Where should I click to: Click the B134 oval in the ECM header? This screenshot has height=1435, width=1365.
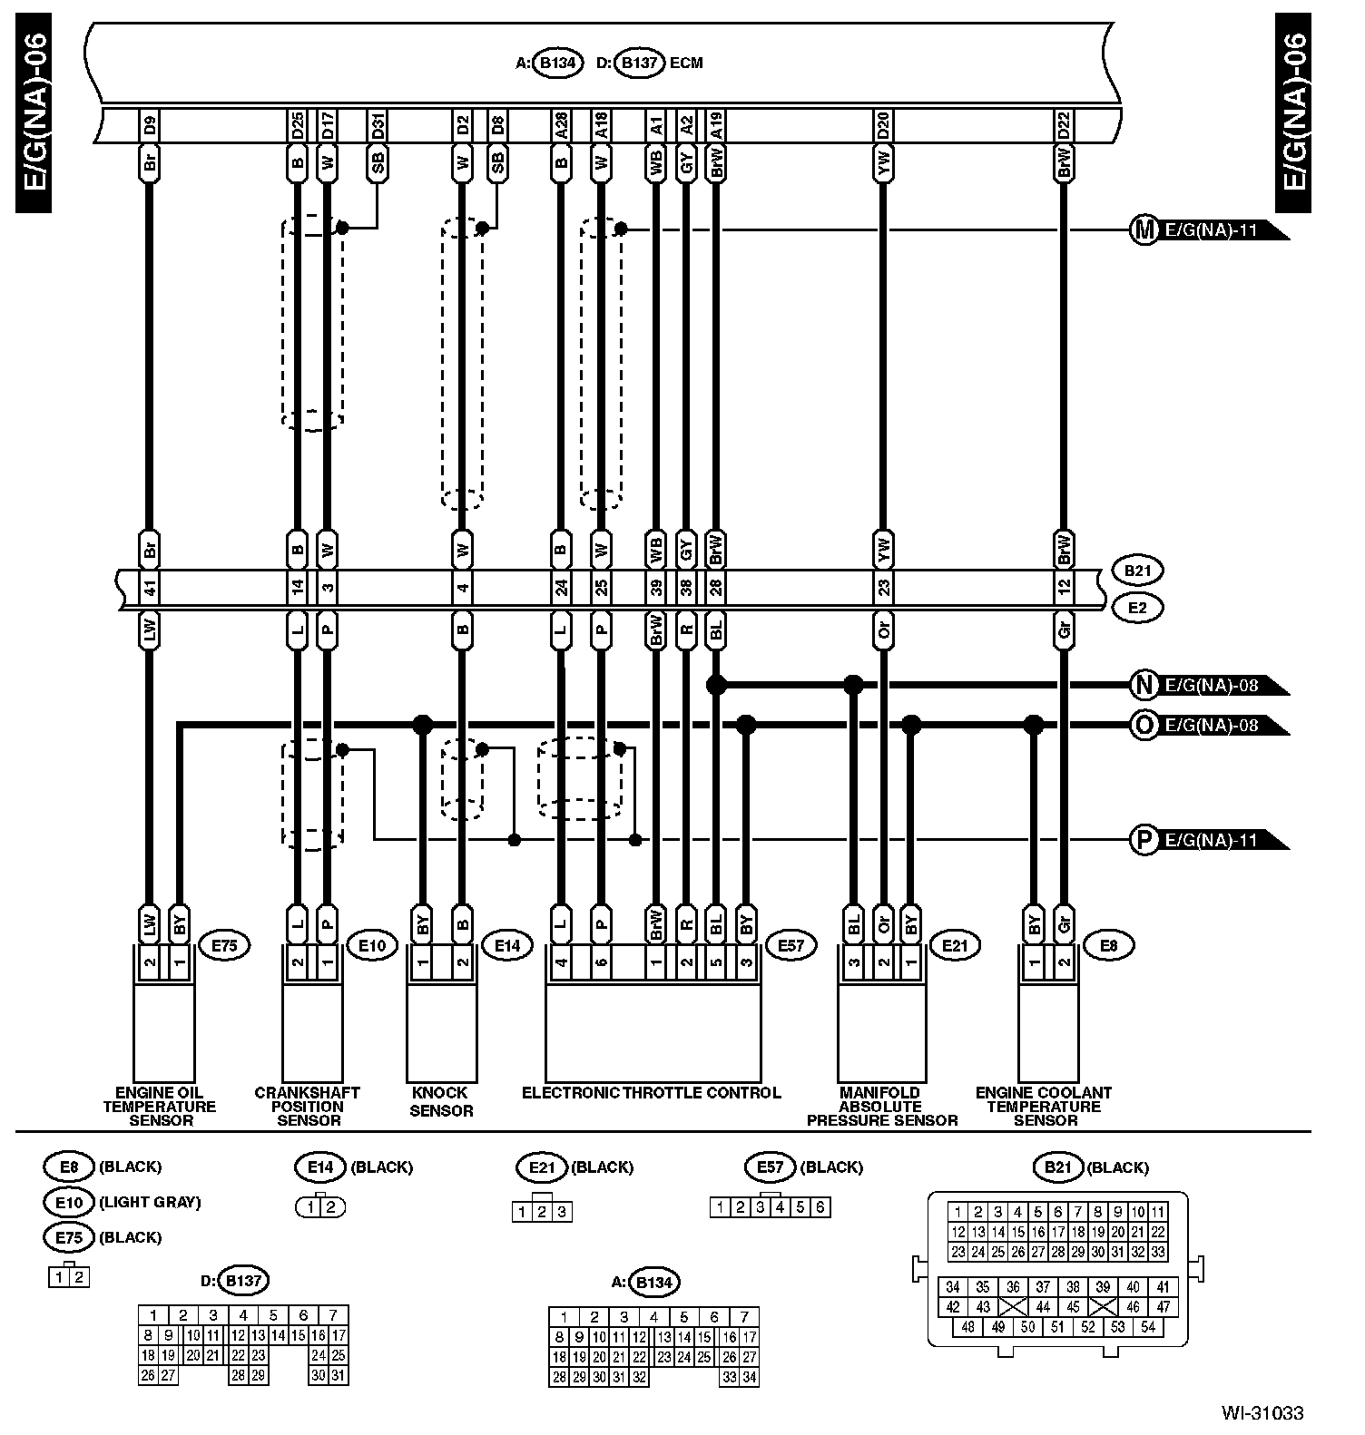click(x=557, y=63)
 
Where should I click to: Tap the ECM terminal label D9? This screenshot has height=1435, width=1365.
click(x=150, y=125)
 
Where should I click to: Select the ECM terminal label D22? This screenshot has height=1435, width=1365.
click(x=1064, y=125)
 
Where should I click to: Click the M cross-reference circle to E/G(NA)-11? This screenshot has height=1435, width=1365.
click(x=1144, y=229)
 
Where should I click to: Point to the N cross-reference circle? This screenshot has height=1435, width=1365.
click(x=1144, y=685)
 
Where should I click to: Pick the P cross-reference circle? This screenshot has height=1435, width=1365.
click(x=1144, y=840)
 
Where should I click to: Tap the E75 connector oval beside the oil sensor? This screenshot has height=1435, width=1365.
click(x=223, y=946)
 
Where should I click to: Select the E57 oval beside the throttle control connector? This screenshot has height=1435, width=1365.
click(x=791, y=946)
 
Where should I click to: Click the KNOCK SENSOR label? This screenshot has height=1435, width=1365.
click(x=441, y=1101)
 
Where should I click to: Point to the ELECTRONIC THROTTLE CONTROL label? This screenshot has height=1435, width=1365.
click(x=651, y=1092)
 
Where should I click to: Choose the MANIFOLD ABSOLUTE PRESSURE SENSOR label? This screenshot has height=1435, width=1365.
click(x=881, y=1106)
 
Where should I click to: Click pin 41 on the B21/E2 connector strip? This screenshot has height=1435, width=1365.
click(x=150, y=589)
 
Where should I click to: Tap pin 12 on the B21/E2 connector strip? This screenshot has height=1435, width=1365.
click(x=1064, y=589)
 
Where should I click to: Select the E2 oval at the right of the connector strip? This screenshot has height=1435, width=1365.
click(x=1136, y=607)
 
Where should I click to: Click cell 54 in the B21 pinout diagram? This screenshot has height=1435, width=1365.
click(x=1148, y=1327)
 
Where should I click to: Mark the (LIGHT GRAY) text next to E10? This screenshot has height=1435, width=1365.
click(x=150, y=1202)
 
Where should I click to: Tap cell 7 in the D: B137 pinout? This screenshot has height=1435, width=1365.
click(x=333, y=1315)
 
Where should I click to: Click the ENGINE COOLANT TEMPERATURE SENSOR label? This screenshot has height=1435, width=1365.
click(x=1044, y=1106)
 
